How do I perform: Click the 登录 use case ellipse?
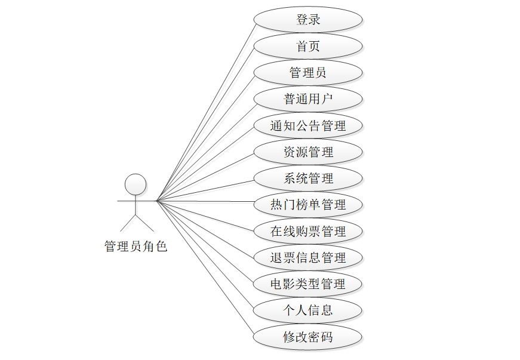(308, 20)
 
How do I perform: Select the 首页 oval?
(308, 46)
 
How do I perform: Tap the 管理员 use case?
(308, 73)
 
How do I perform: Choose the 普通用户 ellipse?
(308, 99)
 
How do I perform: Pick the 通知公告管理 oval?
(308, 126)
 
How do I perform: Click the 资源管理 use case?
(308, 152)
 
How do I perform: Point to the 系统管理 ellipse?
(308, 179)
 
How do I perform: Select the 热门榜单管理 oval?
(308, 205)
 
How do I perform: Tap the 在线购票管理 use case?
(308, 231)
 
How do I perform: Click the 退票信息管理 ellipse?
(308, 258)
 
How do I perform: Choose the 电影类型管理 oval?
(308, 284)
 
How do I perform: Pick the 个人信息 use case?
(308, 310)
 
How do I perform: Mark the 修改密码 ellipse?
(308, 337)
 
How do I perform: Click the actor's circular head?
(136, 184)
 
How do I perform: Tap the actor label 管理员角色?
(136, 246)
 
